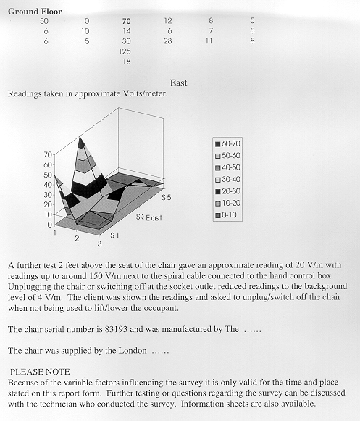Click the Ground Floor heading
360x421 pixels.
pos(35,12)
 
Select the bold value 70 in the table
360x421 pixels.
pos(126,21)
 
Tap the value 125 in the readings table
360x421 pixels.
pos(125,51)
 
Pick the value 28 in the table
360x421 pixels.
pos(167,41)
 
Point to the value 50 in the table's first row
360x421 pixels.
pos(43,21)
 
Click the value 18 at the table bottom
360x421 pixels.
pos(127,62)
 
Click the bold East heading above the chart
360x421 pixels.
pos(178,83)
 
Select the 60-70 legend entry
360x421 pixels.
pos(227,143)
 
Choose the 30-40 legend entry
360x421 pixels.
pos(227,180)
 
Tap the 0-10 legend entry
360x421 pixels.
pos(226,215)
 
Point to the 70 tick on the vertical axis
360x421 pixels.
pos(48,154)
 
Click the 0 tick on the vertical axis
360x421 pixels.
pos(49,225)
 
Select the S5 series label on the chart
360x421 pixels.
pos(166,198)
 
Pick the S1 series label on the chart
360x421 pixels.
pos(114,235)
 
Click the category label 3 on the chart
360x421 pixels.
pos(99,243)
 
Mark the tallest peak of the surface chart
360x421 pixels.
pos(80,136)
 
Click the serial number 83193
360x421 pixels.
pos(116,329)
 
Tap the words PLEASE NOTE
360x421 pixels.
pos(40,372)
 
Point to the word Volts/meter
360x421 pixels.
pos(146,93)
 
